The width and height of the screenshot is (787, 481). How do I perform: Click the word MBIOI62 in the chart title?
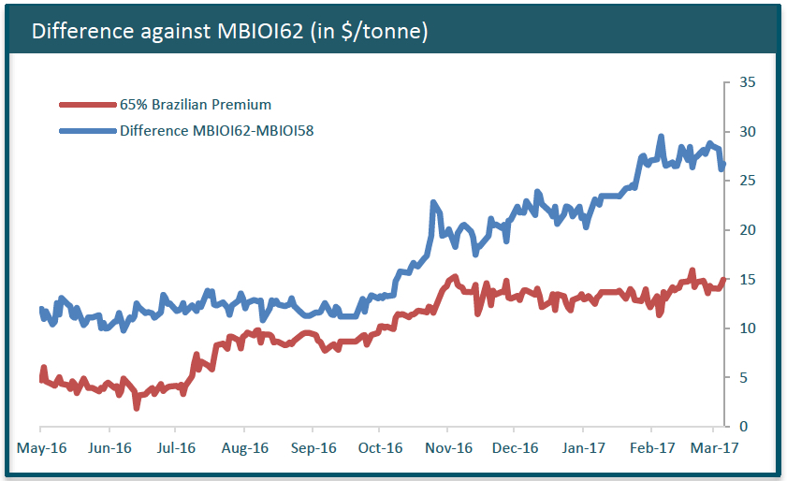tap(251, 31)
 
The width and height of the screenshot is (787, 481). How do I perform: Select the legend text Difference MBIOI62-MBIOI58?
tap(216, 131)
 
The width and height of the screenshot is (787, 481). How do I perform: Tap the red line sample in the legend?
tap(87, 105)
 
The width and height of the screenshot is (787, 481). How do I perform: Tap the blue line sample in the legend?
tap(87, 131)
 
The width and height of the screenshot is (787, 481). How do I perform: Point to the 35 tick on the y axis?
tap(747, 82)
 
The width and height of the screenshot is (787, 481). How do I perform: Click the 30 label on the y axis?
tap(747, 131)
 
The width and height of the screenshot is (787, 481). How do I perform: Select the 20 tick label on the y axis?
tap(747, 230)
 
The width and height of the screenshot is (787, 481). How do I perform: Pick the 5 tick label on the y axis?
tap(743, 378)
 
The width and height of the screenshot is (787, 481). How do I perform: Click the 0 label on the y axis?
tap(743, 427)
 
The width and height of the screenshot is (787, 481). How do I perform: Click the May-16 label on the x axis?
tap(41, 447)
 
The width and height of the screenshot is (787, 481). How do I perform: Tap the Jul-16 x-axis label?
tap(177, 447)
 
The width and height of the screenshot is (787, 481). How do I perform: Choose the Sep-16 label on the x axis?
tap(313, 447)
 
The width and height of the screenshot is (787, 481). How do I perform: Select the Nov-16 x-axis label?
tap(448, 447)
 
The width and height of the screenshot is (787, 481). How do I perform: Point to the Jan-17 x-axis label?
tap(584, 447)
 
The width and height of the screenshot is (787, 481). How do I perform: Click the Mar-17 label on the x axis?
tap(708, 447)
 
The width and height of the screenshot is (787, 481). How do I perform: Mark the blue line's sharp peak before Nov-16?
tap(433, 202)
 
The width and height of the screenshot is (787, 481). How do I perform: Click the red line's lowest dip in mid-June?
tap(137, 407)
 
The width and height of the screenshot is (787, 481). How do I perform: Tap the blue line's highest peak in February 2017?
tap(661, 137)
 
